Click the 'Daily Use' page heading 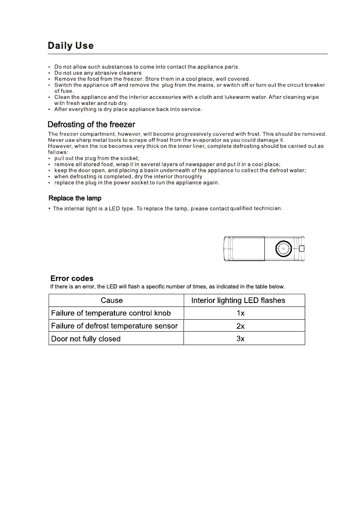(x=70, y=45)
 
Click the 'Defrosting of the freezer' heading (x=91, y=125)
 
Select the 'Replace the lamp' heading (x=75, y=198)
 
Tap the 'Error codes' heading (x=72, y=279)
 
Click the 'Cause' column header (x=111, y=300)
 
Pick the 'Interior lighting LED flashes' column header (x=238, y=300)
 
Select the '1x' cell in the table (x=240, y=313)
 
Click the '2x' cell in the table (x=240, y=326)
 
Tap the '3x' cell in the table (x=240, y=339)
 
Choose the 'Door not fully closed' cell (x=86, y=339)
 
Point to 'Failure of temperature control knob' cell (x=111, y=313)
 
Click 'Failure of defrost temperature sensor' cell (x=114, y=326)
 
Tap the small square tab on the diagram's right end (x=301, y=248)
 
